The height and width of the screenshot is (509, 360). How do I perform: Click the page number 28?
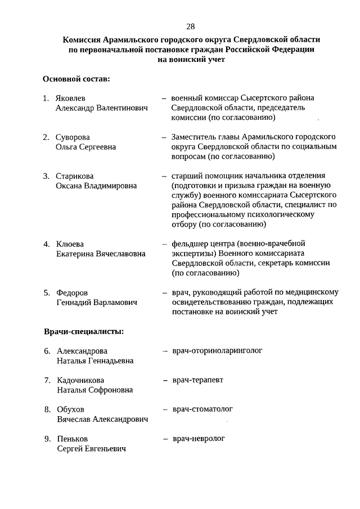pos(191,26)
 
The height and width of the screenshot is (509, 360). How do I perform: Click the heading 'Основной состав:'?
pos(76,79)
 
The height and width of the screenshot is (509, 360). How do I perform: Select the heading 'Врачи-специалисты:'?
pos(84,331)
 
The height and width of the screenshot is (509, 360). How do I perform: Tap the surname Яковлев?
pos(71,98)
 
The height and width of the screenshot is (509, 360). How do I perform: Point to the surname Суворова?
pos(73,137)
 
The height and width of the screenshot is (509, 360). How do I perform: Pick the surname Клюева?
pos(70,244)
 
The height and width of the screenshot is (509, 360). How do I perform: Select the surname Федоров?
pos(72,293)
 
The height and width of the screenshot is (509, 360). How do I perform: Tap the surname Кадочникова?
pos(81,380)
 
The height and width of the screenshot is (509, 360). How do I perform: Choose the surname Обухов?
pos(70,409)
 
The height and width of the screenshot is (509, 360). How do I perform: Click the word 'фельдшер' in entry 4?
pos(188,244)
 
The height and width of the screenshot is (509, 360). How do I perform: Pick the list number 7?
pos(47,380)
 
